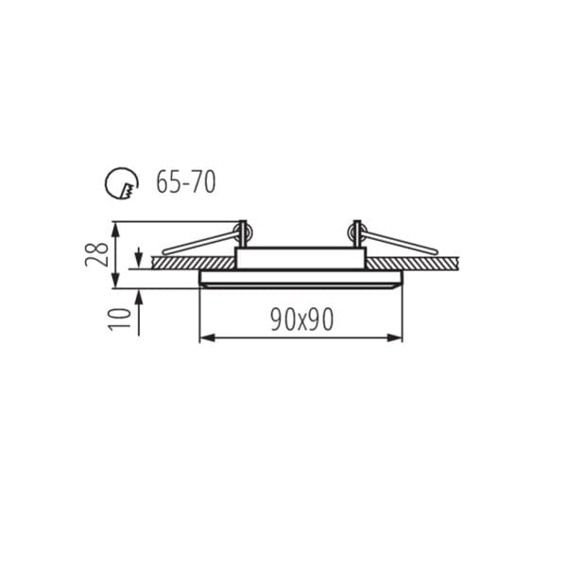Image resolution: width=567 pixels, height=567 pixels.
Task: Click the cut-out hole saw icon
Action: point(122,182)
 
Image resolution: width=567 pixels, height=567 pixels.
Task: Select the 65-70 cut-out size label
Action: point(186,181)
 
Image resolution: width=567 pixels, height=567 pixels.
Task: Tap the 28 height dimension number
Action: point(96,254)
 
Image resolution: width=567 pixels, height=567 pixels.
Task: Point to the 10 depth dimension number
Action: point(120,319)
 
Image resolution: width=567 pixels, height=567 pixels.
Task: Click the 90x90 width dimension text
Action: point(302,319)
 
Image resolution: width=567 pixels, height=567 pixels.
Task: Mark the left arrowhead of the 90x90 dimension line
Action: point(207,338)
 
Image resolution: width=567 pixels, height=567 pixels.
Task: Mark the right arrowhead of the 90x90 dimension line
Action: point(394,338)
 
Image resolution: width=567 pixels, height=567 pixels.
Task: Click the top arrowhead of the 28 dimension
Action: point(115,229)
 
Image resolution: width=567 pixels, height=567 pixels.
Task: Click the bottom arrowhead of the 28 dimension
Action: point(115,281)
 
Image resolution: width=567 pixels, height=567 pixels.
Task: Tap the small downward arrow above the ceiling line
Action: point(139,257)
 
